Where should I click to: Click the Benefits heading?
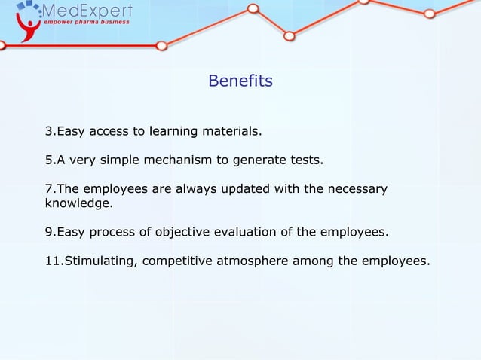pyautogui.click(x=240, y=80)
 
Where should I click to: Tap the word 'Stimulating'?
pyautogui.click(x=99, y=261)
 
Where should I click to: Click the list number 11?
pyautogui.click(x=53, y=261)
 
